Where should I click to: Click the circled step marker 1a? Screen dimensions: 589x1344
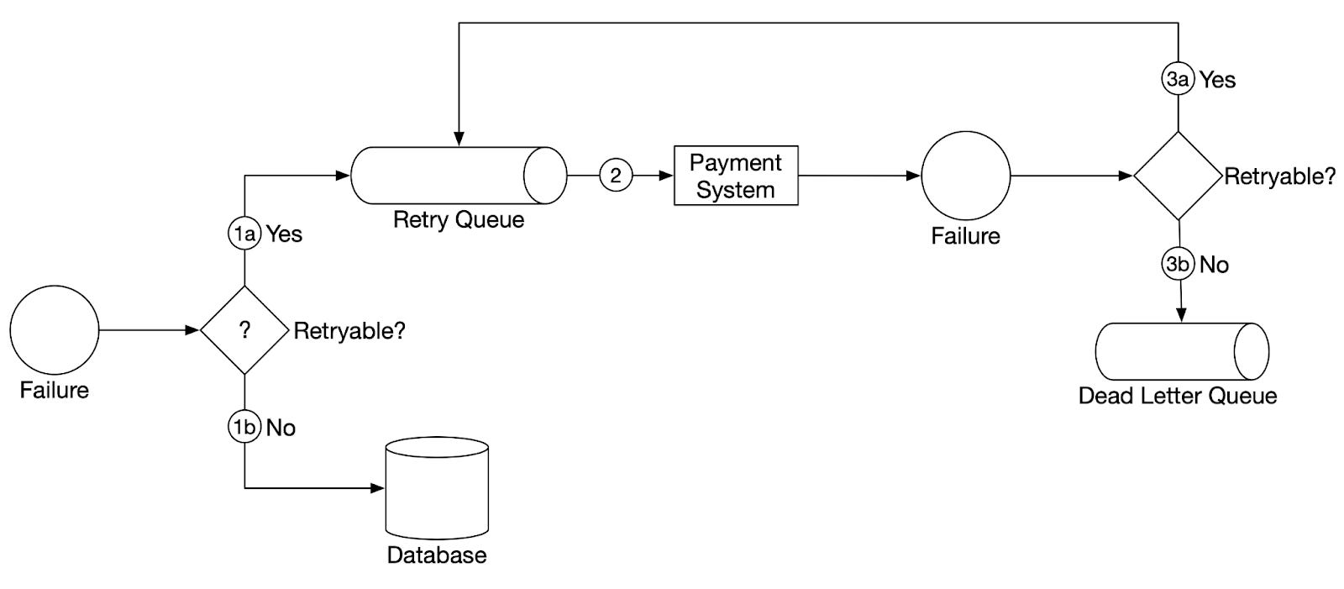coord(244,234)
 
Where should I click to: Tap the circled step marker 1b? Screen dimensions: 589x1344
coord(244,427)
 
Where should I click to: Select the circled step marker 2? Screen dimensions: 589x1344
coord(616,176)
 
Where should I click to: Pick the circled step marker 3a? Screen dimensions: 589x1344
coord(1178,79)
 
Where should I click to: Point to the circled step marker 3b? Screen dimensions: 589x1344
coord(1178,264)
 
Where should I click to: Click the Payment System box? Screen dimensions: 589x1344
coord(736,176)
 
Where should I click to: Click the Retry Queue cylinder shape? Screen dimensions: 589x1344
coord(458,176)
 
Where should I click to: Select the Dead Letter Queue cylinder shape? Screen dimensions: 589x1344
coord(1181,351)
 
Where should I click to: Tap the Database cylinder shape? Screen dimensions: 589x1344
coord(436,489)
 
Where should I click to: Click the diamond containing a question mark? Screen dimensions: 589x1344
coord(244,330)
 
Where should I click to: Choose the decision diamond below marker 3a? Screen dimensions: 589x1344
coord(1178,176)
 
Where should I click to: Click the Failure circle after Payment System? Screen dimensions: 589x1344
coord(965,176)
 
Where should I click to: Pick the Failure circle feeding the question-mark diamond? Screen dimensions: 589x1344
coord(55,329)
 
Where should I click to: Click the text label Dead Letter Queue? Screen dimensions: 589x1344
coord(1177,396)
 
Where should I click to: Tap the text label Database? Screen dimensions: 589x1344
coord(436,555)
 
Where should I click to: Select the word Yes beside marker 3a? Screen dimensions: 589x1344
coord(1217,80)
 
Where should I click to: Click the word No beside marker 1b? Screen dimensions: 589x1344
coord(281,428)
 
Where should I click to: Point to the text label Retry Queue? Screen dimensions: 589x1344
coord(458,220)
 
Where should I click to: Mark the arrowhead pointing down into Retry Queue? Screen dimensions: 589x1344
coord(458,139)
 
